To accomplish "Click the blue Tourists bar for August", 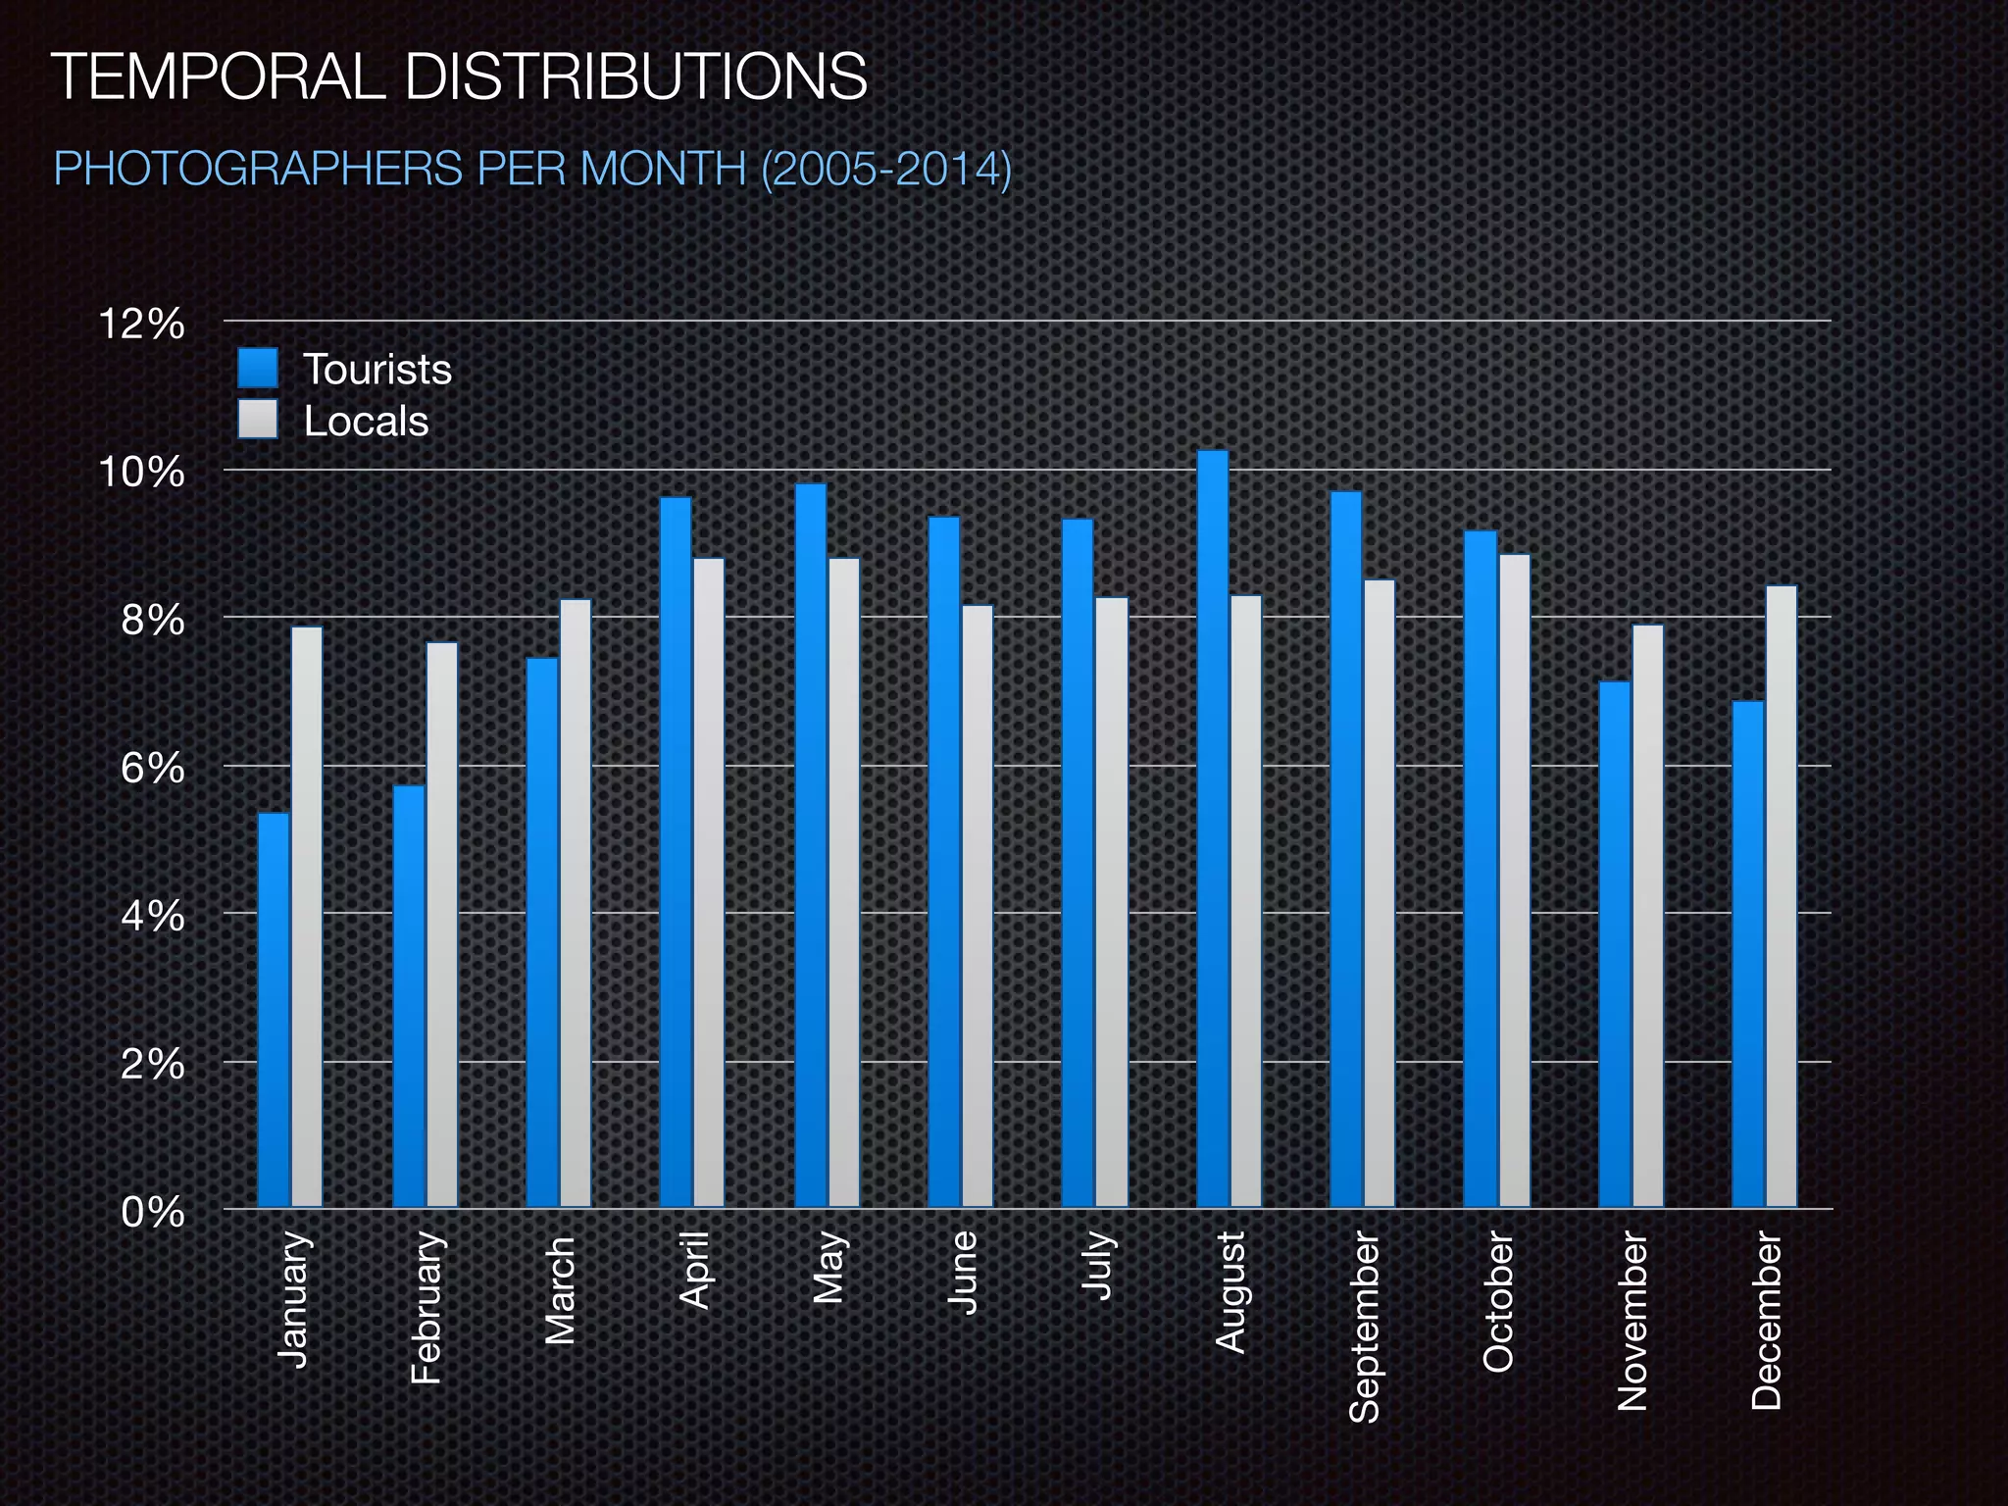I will pyautogui.click(x=1213, y=828).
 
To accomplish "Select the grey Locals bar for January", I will pyautogui.click(x=307, y=917).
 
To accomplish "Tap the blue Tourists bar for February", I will pyautogui.click(x=409, y=995).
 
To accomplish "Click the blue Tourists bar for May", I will pyautogui.click(x=811, y=844).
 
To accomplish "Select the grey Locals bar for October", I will pyautogui.click(x=1514, y=879).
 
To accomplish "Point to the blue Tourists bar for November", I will pyautogui.click(x=1615, y=943).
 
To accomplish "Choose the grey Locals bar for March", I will pyautogui.click(x=576, y=903).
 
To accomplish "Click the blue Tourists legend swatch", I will pyautogui.click(x=258, y=370).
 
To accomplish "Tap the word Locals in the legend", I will pyautogui.click(x=366, y=422).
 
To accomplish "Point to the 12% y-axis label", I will pyautogui.click(x=141, y=324).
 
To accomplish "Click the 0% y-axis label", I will pyautogui.click(x=152, y=1213).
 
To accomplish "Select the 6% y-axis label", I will pyautogui.click(x=152, y=769).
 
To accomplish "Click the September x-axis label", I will pyautogui.click(x=1364, y=1327).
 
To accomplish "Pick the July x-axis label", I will pyautogui.click(x=1099, y=1265).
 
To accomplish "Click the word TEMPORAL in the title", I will pyautogui.click(x=218, y=76).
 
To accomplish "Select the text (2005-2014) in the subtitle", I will pyautogui.click(x=885, y=169).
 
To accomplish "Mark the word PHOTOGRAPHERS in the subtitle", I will pyautogui.click(x=258, y=169).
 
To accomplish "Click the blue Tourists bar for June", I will pyautogui.click(x=944, y=861).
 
